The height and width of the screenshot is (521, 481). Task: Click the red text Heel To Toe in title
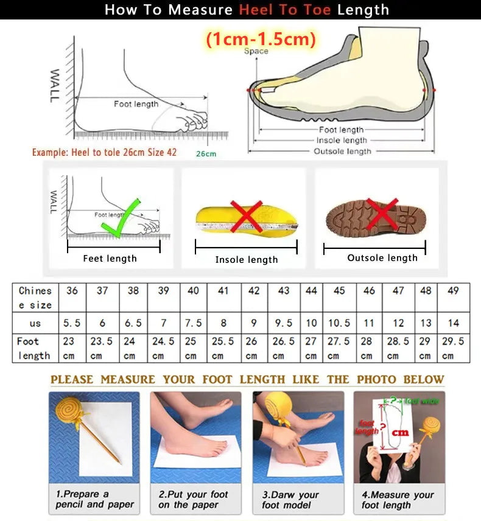click(285, 10)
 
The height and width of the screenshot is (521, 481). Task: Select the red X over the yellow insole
click(246, 216)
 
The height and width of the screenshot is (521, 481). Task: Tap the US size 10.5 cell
click(339, 323)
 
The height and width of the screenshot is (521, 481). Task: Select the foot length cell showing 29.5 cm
click(452, 348)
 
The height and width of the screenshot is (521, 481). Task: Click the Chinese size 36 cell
click(72, 291)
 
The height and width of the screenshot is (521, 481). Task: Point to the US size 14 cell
click(452, 323)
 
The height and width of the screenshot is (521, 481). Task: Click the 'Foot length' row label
click(34, 348)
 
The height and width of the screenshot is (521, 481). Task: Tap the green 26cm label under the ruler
click(206, 154)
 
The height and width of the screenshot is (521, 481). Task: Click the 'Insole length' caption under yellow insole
click(246, 260)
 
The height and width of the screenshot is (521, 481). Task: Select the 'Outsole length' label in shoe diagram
click(342, 151)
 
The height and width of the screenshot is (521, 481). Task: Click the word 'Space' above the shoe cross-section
click(256, 51)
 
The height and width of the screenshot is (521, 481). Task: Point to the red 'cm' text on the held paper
click(399, 433)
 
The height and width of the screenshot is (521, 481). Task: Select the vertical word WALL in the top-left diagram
click(55, 85)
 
